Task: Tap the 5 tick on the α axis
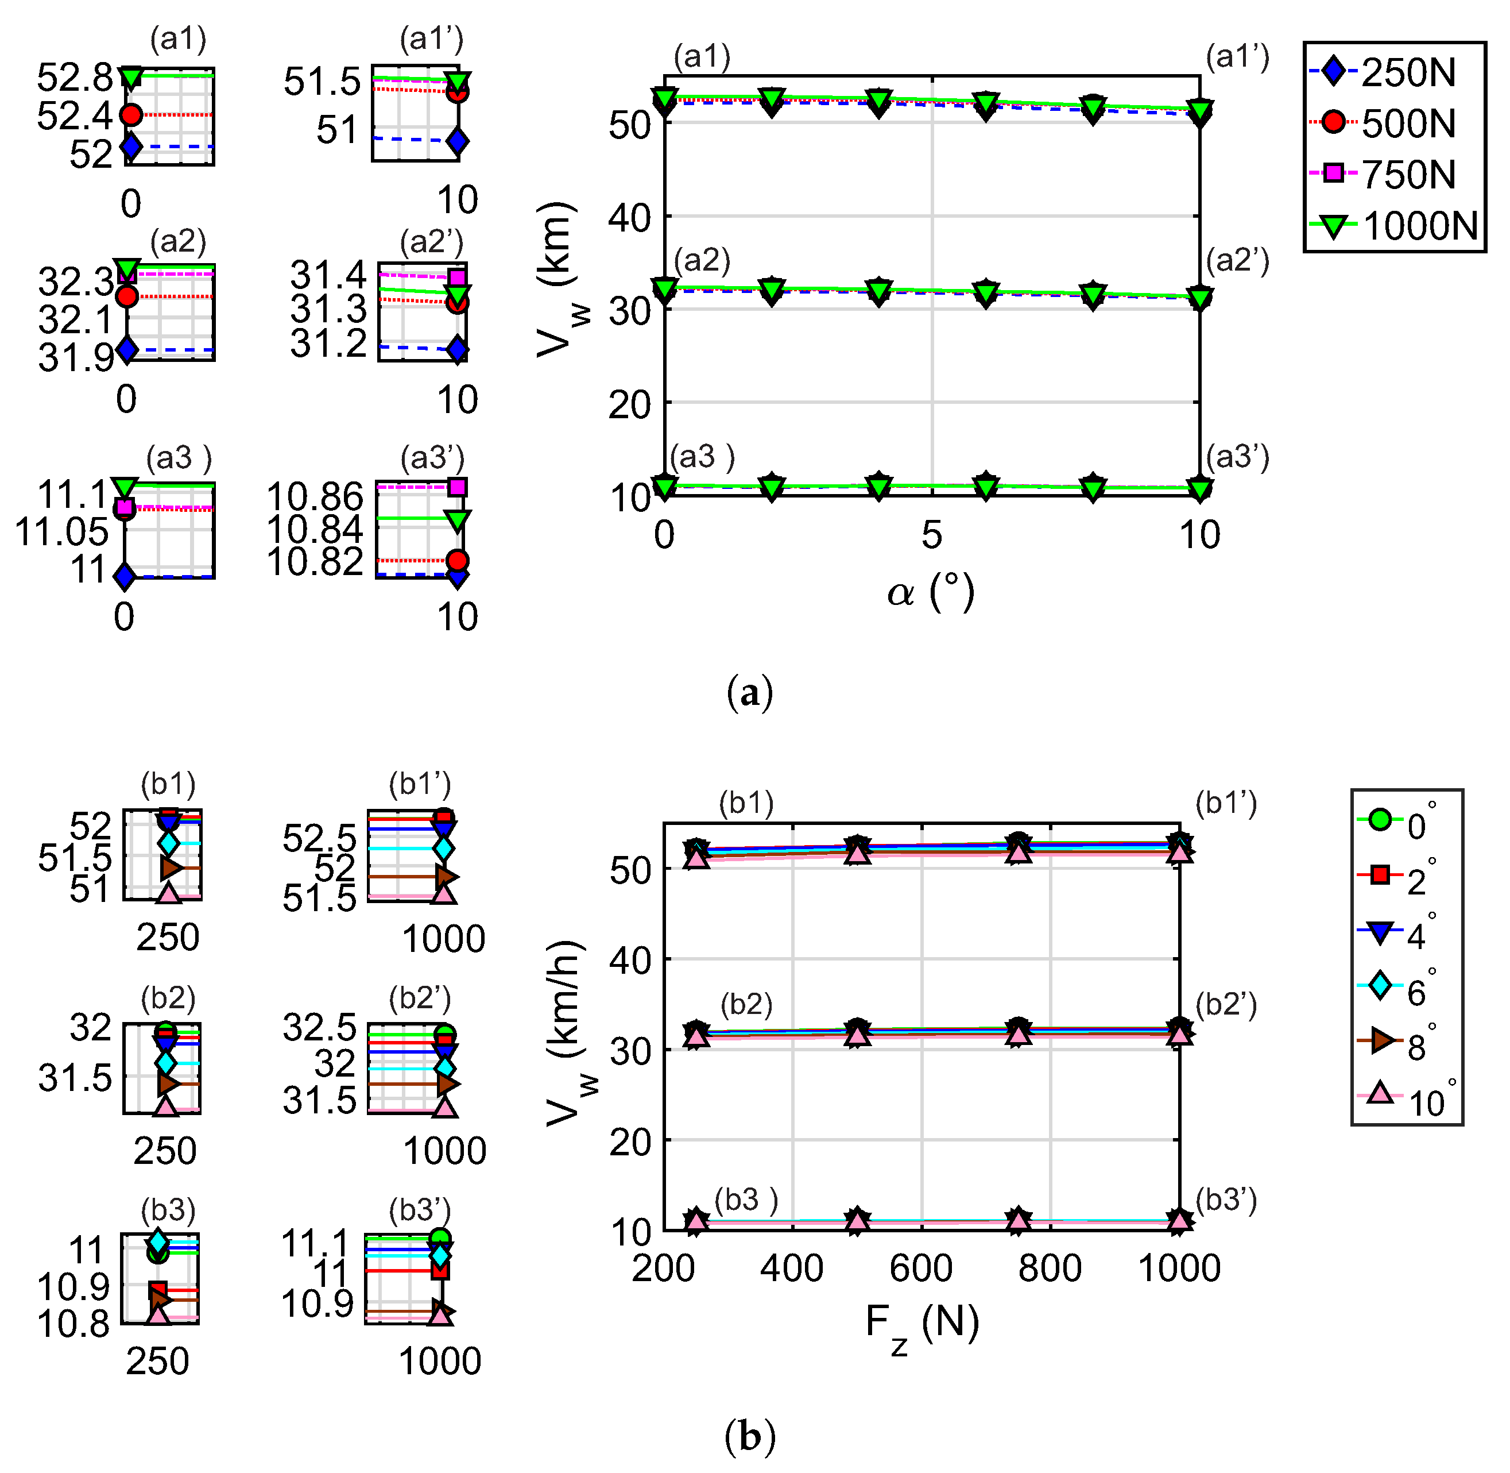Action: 932,535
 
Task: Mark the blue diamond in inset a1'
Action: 458,141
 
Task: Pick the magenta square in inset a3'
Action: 458,487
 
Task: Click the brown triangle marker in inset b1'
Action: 446,877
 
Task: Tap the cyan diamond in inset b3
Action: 158,1241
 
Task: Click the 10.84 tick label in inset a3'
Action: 315,530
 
